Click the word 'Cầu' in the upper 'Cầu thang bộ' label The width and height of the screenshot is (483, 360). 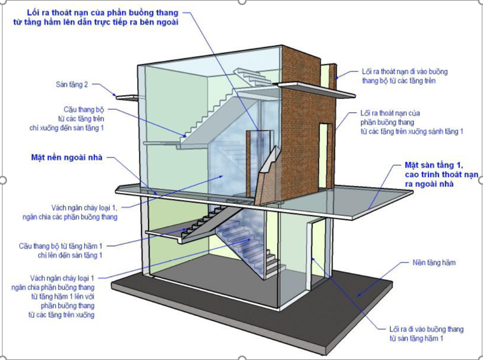(71, 109)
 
